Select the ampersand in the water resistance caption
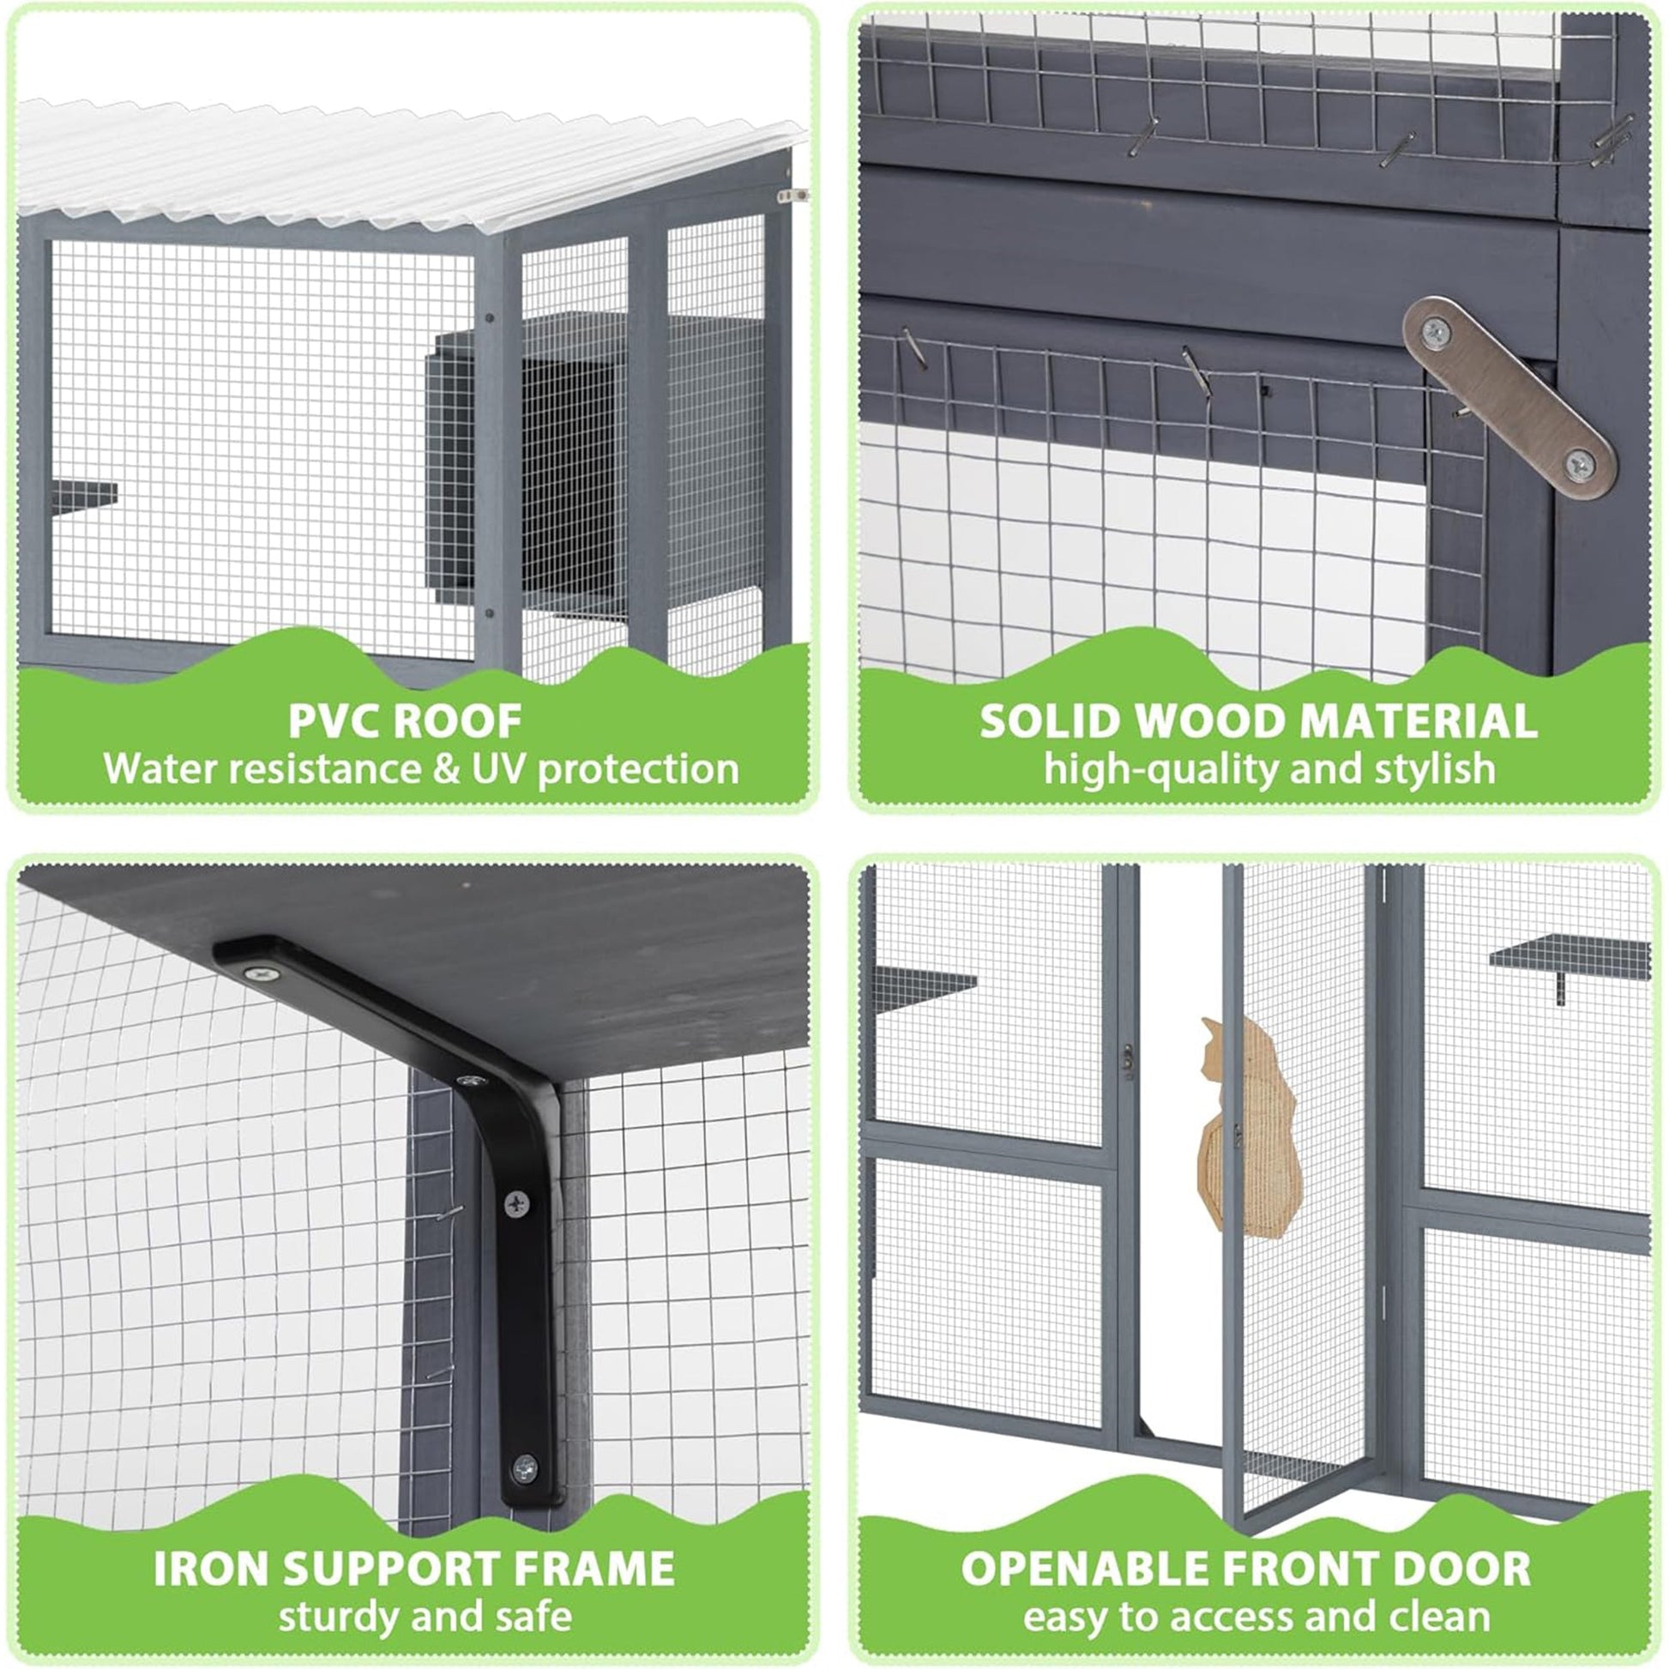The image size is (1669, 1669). (x=446, y=768)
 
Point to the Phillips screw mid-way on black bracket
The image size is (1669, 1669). (x=516, y=1203)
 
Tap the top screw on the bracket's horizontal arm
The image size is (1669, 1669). (x=261, y=973)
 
